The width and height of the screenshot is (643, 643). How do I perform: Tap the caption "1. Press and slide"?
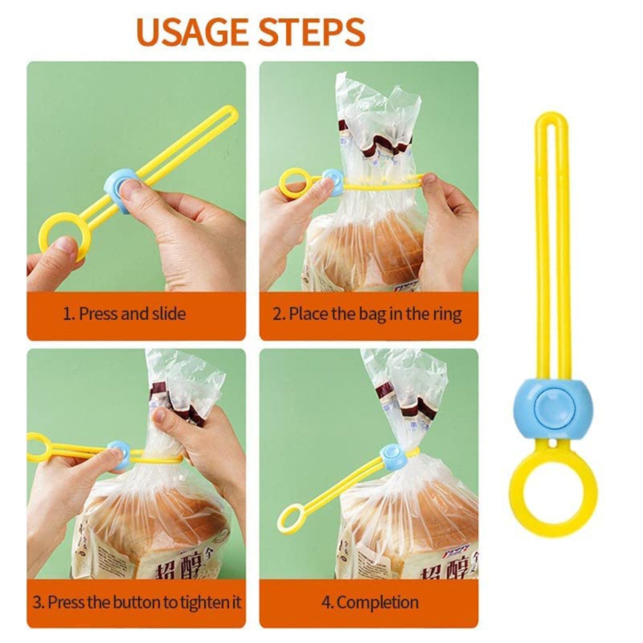(124, 314)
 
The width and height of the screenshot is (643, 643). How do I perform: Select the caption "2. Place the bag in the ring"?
(367, 314)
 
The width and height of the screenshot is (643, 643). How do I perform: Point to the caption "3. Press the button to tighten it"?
(137, 602)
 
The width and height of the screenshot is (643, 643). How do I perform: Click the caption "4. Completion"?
(370, 602)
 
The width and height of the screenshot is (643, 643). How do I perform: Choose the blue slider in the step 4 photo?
(392, 457)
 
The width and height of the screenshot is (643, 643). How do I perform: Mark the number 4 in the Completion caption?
(326, 603)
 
